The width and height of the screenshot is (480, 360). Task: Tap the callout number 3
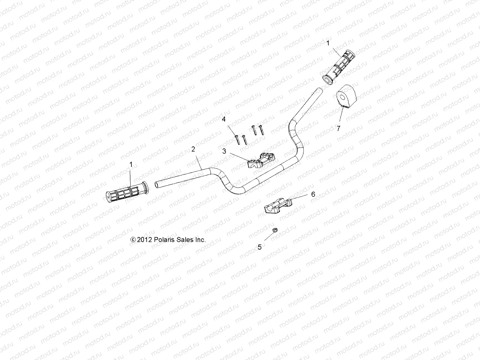coord(224,151)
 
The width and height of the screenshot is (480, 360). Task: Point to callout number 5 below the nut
coord(260,247)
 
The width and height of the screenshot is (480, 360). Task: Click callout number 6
coord(313,194)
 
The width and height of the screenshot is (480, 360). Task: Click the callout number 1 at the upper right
coord(328,43)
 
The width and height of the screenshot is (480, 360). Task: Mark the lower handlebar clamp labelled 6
coord(278,205)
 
